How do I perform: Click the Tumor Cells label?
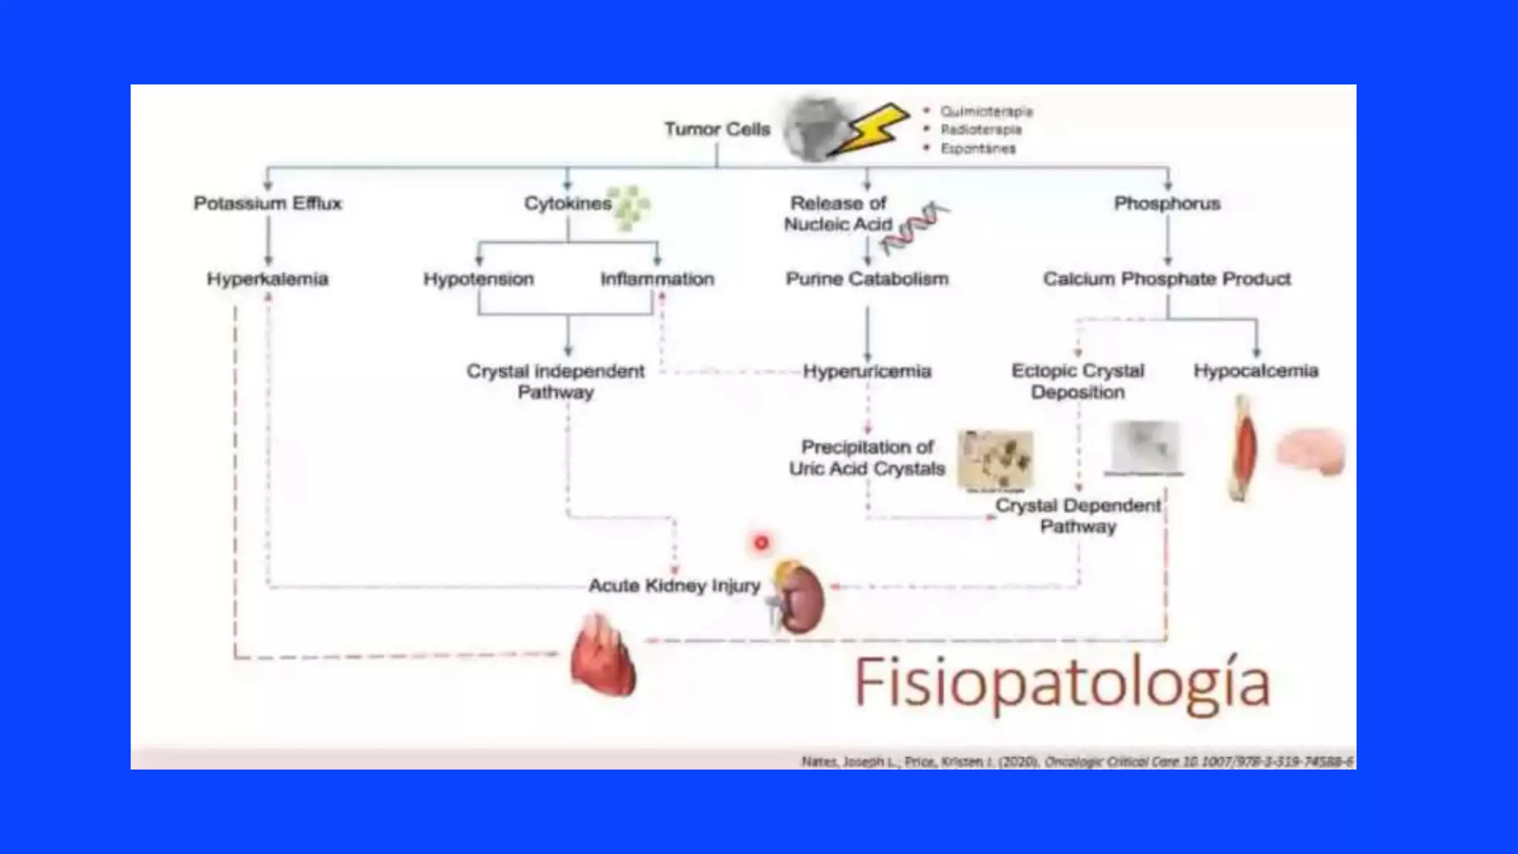717,129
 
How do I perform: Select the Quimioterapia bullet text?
986,111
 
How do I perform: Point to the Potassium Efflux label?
268,203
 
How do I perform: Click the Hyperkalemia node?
268,279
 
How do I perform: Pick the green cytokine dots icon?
631,207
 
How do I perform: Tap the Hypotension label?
479,279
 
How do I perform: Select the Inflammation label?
657,279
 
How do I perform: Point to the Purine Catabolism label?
867,279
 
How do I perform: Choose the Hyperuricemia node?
867,371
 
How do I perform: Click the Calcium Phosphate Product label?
1167,279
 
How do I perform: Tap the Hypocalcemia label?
1256,371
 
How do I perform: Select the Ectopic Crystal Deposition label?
1078,381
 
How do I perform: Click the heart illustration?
602,656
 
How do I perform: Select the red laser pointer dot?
761,543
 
